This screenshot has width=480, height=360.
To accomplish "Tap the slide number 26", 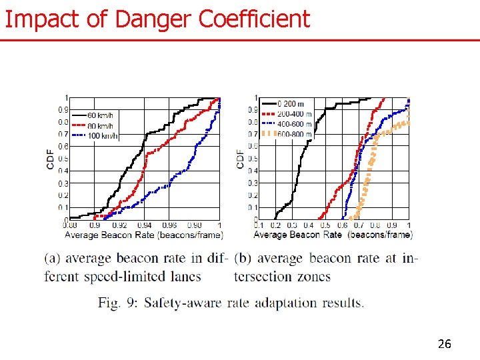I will [444, 344].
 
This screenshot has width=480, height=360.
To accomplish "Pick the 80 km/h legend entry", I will [100, 126].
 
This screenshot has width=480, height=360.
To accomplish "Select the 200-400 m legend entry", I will [294, 114].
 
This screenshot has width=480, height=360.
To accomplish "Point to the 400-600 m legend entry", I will [294, 124].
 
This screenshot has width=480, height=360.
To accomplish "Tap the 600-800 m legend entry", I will [294, 134].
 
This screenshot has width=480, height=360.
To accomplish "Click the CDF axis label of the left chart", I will [51, 158].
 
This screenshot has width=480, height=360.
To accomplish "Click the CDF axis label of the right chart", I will [240, 158].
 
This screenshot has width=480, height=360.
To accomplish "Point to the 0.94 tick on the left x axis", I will [144, 226].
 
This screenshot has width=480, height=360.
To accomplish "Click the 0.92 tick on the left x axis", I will [120, 226].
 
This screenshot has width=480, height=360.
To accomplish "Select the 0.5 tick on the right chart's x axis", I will [325, 226].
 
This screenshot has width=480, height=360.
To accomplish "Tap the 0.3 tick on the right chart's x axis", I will [292, 226].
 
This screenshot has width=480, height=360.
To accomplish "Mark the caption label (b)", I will [243, 259].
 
